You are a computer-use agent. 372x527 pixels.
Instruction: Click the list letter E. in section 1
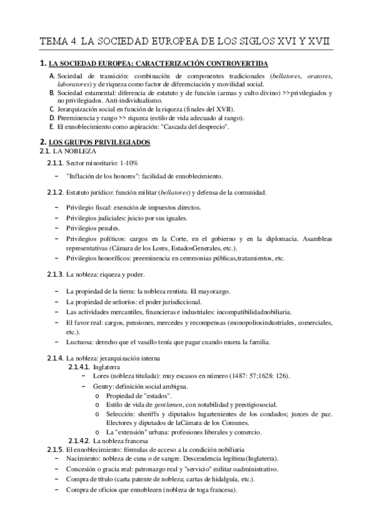(52, 126)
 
